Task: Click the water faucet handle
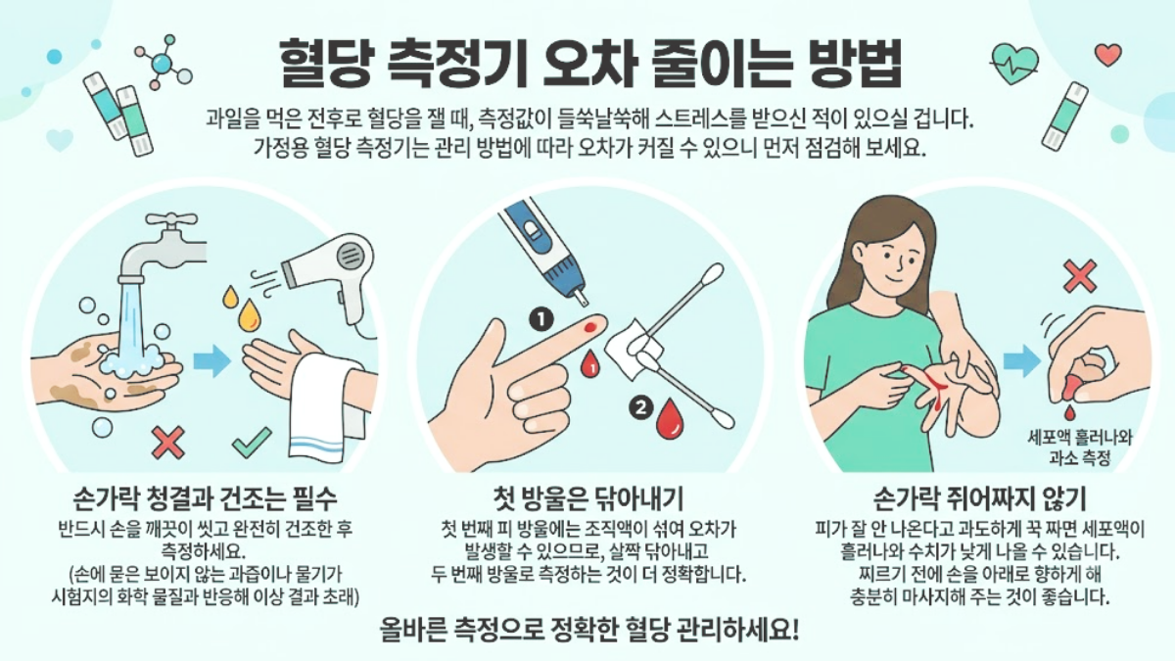(171, 219)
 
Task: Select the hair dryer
(331, 278)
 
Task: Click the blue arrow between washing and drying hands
(212, 362)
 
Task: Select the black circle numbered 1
(541, 320)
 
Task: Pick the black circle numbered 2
(640, 407)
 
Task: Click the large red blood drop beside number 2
(671, 419)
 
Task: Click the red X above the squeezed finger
(1080, 276)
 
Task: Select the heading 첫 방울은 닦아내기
(589, 497)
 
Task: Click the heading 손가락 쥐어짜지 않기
(979, 497)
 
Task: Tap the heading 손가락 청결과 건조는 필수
(205, 497)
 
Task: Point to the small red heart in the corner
(1108, 55)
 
